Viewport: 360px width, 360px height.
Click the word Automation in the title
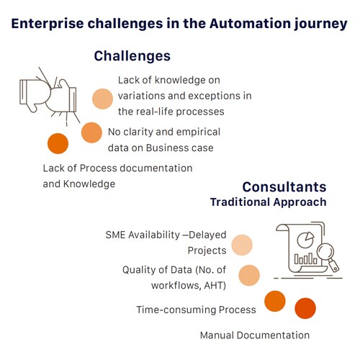[250, 24]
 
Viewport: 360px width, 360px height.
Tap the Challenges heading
[132, 56]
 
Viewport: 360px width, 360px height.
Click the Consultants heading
[284, 187]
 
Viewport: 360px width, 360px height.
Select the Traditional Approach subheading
[269, 202]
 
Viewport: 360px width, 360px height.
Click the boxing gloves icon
[49, 96]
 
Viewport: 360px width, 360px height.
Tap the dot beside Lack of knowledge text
[102, 99]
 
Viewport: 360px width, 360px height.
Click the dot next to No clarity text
[91, 132]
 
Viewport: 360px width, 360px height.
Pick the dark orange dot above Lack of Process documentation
[58, 143]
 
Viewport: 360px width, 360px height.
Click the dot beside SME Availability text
[242, 245]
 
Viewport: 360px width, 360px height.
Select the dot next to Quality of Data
[249, 275]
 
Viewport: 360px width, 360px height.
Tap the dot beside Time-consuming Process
[275, 301]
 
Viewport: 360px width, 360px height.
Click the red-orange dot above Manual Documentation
[305, 308]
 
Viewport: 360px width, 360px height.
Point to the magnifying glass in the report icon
[328, 257]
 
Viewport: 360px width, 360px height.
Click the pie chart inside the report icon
[305, 240]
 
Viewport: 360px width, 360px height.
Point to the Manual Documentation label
[255, 336]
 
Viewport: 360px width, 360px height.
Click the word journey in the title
[321, 24]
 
